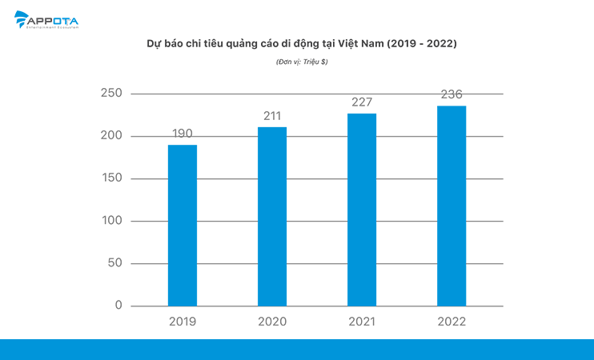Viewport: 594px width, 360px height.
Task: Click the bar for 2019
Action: click(183, 226)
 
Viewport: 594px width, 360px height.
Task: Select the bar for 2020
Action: click(272, 216)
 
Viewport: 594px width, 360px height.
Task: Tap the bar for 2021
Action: click(362, 210)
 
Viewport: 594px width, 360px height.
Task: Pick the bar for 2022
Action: click(452, 206)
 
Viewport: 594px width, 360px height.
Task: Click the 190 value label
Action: click(182, 134)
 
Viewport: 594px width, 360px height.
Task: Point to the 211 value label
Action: click(272, 117)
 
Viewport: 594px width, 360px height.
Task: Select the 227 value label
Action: click(362, 102)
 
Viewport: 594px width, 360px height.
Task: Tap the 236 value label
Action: click(452, 94)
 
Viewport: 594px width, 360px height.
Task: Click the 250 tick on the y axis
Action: click(111, 94)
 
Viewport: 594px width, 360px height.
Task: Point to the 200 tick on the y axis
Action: click(111, 136)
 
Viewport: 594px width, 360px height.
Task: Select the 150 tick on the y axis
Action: click(111, 178)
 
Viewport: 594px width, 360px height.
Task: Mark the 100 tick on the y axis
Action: click(111, 221)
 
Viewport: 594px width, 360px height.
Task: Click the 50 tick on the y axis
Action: click(114, 263)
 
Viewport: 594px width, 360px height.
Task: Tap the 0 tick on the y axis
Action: click(118, 306)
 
